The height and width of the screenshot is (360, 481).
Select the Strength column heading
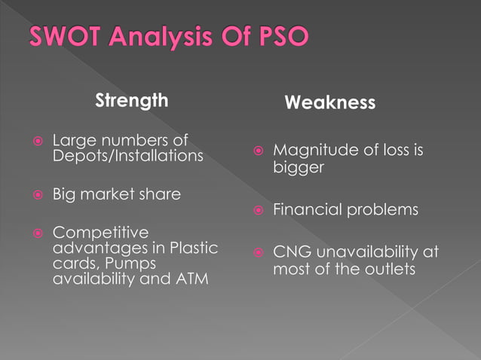point(131,100)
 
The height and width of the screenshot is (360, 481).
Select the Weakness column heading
point(329,103)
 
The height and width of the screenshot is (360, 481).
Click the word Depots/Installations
point(127,156)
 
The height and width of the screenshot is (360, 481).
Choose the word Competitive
point(101,233)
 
